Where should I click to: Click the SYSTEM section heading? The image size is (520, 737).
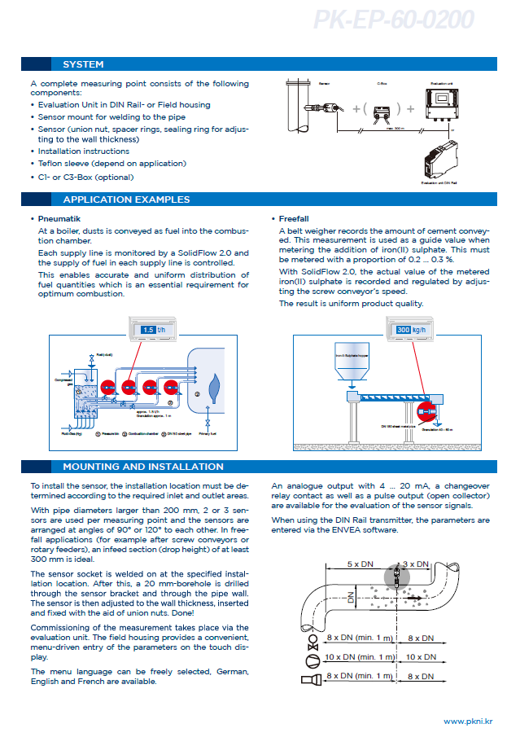click(x=83, y=64)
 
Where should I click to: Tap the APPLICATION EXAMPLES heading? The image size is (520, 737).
click(x=126, y=200)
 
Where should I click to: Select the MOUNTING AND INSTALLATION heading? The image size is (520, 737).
click(x=142, y=467)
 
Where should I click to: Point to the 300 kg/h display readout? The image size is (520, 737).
click(x=411, y=330)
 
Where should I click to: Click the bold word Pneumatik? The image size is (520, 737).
click(x=59, y=219)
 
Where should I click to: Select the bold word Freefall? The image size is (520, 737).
click(x=294, y=219)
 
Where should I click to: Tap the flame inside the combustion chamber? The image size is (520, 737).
click(x=215, y=385)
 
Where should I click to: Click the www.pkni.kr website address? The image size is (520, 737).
click(x=470, y=722)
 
